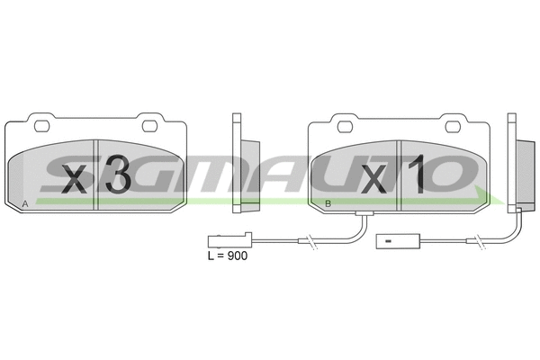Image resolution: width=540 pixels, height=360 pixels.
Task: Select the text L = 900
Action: (227, 256)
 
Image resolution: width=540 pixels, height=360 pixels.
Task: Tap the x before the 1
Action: (378, 177)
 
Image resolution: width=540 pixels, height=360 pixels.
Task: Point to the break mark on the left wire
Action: (308, 241)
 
